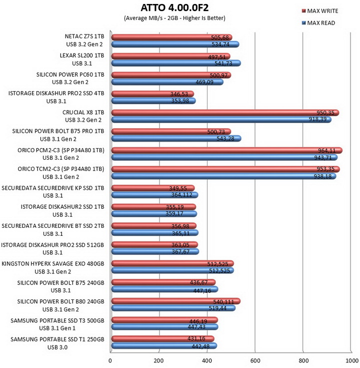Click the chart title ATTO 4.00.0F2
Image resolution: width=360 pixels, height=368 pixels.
click(174, 8)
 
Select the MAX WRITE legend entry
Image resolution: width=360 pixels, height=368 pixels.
click(320, 11)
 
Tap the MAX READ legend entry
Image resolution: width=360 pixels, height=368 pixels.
click(318, 23)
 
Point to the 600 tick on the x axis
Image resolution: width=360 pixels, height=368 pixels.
click(255, 360)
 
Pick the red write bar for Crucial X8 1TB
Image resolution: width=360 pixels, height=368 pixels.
click(225, 113)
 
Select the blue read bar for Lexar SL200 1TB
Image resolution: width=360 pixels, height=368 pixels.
click(176, 63)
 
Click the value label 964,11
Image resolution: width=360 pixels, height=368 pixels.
click(326, 150)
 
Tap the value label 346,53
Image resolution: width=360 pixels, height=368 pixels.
click(179, 94)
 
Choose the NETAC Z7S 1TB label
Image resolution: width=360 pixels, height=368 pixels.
click(84, 37)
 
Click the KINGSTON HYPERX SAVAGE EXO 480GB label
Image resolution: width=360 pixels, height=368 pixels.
click(53, 264)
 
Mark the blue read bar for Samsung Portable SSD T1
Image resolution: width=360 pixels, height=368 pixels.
click(164, 345)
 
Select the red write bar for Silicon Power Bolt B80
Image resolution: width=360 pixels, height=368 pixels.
click(176, 301)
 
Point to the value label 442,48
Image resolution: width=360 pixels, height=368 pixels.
click(200, 346)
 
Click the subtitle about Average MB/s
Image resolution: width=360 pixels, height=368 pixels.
click(174, 18)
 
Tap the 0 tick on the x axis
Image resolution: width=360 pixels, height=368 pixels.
click(110, 360)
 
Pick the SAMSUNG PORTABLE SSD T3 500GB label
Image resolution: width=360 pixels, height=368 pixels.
click(57, 320)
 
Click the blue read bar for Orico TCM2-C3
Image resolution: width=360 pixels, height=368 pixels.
click(223, 176)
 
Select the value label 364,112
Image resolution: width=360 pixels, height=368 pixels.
click(181, 195)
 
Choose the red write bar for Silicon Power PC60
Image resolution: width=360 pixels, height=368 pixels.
click(171, 75)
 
